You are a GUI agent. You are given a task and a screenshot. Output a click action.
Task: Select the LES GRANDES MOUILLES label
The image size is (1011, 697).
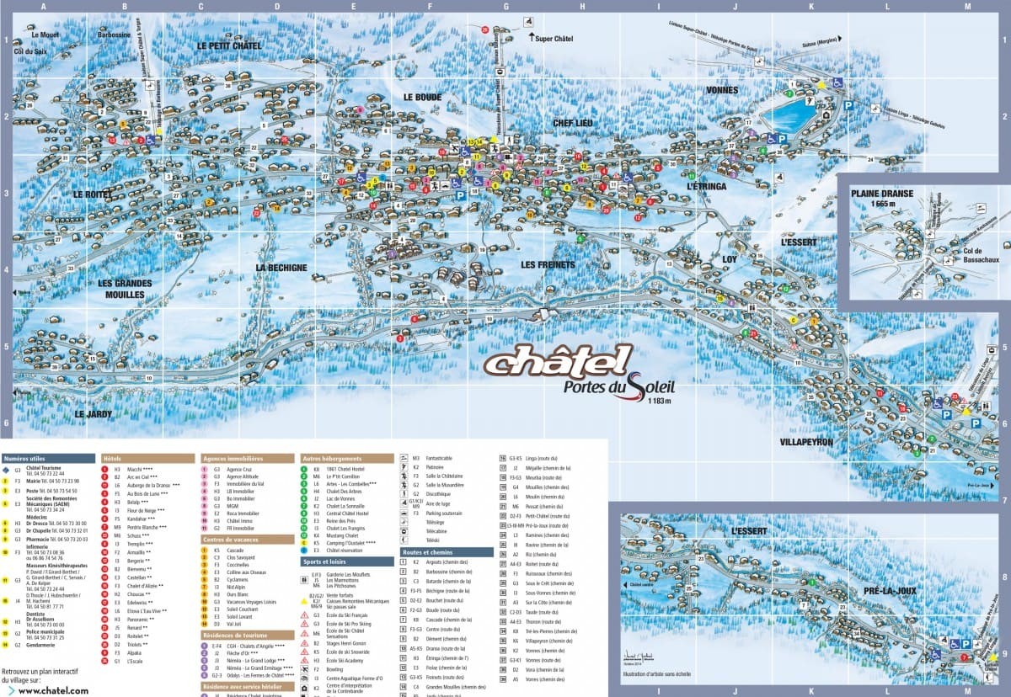pos(120,289)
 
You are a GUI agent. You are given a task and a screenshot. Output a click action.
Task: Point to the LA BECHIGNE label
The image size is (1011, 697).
pos(281,268)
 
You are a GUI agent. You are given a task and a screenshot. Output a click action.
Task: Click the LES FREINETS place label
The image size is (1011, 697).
pos(547,264)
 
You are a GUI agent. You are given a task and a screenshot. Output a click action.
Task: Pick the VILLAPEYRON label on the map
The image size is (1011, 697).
pos(806,441)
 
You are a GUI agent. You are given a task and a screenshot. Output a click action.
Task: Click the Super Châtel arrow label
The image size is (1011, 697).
pos(555,38)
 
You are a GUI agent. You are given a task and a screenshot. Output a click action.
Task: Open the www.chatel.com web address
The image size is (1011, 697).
pos(53,690)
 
